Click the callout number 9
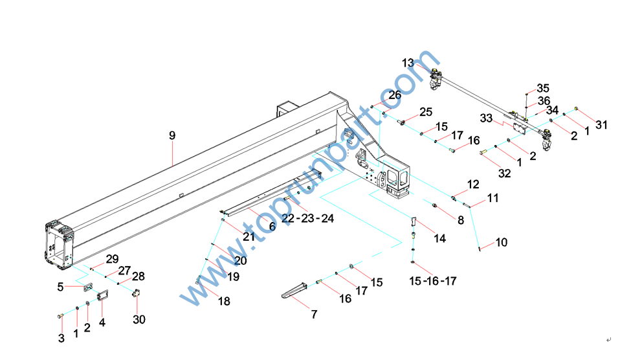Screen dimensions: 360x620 point(172,136)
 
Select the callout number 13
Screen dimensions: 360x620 point(408,63)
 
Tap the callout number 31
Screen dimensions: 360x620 point(602,125)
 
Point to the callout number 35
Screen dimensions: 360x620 point(542,88)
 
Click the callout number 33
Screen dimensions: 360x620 point(487,118)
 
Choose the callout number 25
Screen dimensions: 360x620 point(425,111)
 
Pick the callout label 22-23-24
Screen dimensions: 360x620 point(307,218)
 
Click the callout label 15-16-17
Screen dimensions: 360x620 point(433,281)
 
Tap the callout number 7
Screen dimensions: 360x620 point(314,315)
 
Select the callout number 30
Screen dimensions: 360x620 point(139,319)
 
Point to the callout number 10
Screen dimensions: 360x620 point(502,243)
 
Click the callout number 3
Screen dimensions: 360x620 point(61,338)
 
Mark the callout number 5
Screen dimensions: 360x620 point(60,286)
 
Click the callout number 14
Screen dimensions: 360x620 point(439,238)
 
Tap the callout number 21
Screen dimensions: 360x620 point(249,236)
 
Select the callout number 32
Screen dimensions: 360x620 point(504,174)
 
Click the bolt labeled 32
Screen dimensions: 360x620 point(484,153)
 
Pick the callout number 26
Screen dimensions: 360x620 point(395,95)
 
